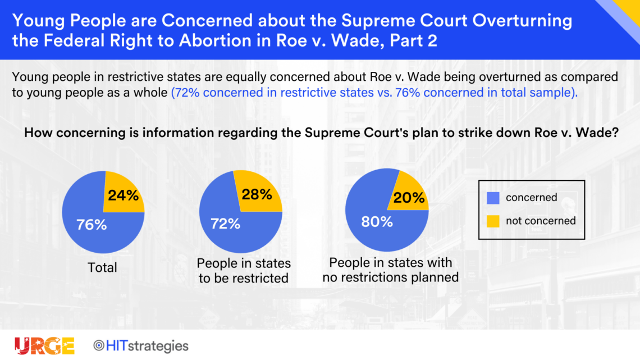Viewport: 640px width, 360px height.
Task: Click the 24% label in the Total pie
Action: (x=124, y=195)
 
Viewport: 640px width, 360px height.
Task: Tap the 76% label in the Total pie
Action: (x=92, y=225)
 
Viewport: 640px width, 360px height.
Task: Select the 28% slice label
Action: (x=257, y=194)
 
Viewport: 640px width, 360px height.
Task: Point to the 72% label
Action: (x=225, y=224)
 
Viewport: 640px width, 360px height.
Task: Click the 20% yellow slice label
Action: (x=409, y=198)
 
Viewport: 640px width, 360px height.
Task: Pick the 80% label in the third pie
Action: (x=377, y=222)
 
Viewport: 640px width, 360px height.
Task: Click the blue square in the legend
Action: (x=493, y=198)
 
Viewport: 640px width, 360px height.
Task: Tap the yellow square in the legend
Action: (x=493, y=221)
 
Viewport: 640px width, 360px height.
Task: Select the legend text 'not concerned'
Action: (x=541, y=221)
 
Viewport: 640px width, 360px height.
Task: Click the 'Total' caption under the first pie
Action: (x=102, y=268)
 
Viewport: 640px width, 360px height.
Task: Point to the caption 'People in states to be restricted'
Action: (x=244, y=271)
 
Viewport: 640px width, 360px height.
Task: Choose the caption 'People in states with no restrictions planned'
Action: (x=391, y=270)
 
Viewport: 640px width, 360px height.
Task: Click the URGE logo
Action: (x=44, y=346)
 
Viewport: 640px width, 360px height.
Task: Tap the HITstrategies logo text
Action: (x=147, y=346)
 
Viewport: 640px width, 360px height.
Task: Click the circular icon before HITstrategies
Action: (x=98, y=346)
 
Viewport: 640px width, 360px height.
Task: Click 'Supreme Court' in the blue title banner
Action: (x=404, y=20)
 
